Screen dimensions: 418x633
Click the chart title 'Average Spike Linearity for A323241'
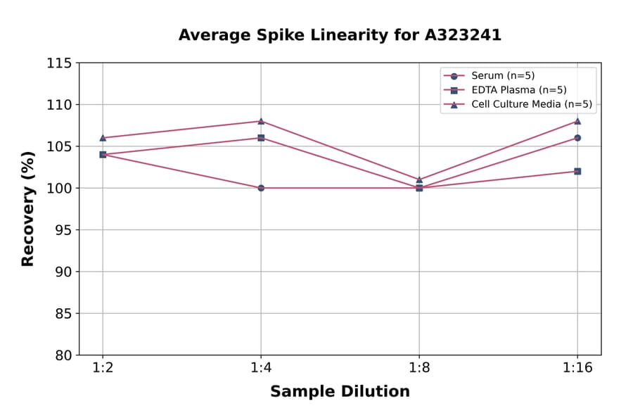pyautogui.click(x=340, y=35)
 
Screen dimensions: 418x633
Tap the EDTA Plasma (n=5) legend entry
pyautogui.click(x=518, y=90)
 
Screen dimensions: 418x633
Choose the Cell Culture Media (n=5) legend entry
pyautogui.click(x=531, y=105)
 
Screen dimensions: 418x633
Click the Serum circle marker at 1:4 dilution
pyautogui.click(x=261, y=188)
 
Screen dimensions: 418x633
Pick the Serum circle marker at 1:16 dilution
pyautogui.click(x=577, y=138)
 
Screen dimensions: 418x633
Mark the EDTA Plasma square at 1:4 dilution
pyautogui.click(x=261, y=138)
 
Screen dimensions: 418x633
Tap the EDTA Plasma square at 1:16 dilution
pyautogui.click(x=577, y=171)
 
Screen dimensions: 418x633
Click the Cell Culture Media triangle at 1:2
pyautogui.click(x=103, y=138)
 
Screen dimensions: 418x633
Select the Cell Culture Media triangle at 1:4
pyautogui.click(x=261, y=121)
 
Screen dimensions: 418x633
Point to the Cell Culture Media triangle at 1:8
pyautogui.click(x=419, y=179)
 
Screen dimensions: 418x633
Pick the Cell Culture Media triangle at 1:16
pyautogui.click(x=577, y=121)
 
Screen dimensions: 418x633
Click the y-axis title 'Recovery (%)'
pyautogui.click(x=28, y=209)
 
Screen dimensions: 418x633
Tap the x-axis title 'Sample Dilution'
pyautogui.click(x=340, y=392)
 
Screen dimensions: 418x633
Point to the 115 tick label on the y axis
pyautogui.click(x=59, y=63)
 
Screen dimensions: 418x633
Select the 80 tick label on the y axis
pyautogui.click(x=63, y=355)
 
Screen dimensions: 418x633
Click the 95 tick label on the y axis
pyautogui.click(x=63, y=230)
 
